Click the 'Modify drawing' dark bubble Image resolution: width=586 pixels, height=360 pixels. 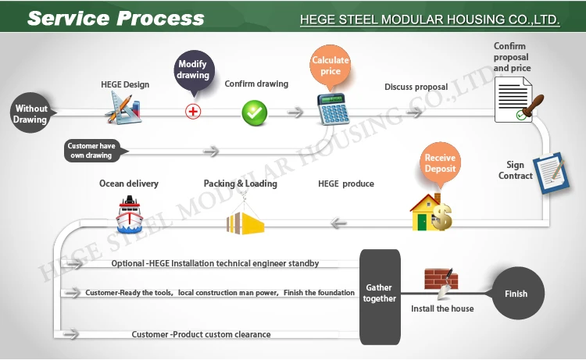[x=194, y=70]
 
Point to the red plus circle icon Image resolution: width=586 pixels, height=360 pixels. [x=193, y=111]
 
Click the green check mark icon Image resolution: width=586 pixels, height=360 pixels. [x=254, y=112]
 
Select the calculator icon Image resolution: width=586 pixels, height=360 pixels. [x=332, y=110]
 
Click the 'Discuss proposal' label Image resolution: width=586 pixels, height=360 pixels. [x=416, y=86]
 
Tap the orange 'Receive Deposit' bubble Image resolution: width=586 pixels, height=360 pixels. [x=440, y=162]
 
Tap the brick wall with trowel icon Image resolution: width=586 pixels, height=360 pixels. [x=441, y=282]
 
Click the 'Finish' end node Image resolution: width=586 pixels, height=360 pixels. [x=516, y=294]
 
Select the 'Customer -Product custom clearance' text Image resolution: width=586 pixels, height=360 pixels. [x=201, y=334]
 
